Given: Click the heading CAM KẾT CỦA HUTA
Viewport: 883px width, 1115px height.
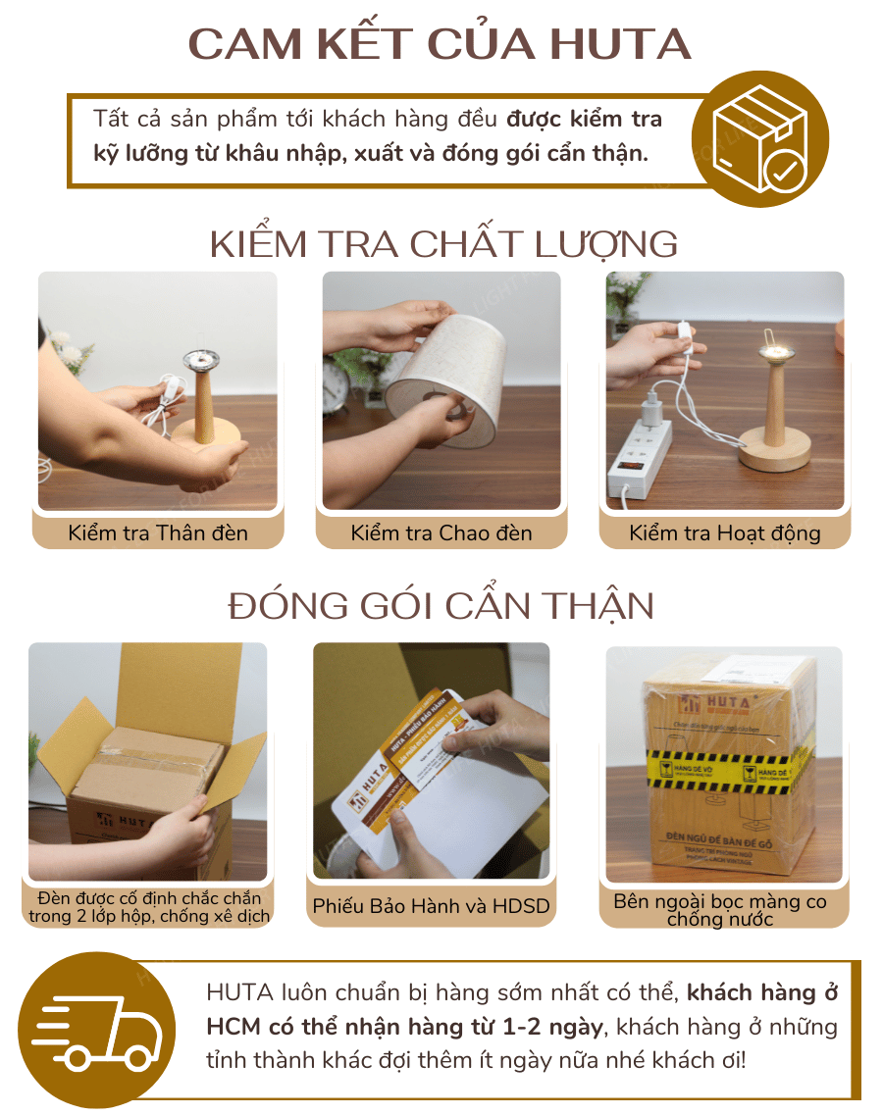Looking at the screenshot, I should (x=441, y=45).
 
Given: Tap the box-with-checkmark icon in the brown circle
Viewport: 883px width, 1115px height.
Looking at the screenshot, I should (x=760, y=138).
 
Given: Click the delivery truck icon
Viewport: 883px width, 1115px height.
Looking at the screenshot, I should (x=93, y=1031).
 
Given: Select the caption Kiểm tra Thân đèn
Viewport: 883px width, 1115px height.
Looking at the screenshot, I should (x=158, y=533).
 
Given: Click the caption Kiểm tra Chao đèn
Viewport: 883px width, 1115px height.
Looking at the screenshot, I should (x=441, y=533).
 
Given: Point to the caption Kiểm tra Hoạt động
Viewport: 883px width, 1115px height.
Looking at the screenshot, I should (x=725, y=534).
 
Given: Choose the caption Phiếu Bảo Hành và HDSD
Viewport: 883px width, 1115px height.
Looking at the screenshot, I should (x=432, y=906).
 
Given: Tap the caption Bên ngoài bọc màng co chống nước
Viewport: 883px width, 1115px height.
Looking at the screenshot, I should (x=720, y=910).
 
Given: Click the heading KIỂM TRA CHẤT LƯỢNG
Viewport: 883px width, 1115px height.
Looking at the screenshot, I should (x=443, y=244).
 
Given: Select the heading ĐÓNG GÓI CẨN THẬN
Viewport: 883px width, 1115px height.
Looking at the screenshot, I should (x=441, y=606).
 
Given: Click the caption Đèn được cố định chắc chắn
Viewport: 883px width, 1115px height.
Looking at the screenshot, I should (x=149, y=898).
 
